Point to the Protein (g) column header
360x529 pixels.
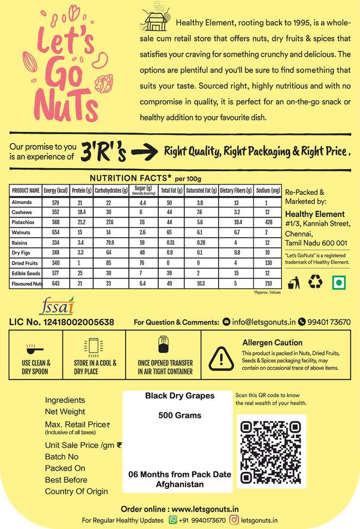(x=79, y=190)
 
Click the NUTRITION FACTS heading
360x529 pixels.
(x=131, y=178)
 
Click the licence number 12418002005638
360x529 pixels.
(x=61, y=322)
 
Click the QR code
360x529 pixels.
(x=271, y=450)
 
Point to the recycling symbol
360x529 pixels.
(x=315, y=281)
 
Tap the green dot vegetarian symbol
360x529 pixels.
(x=339, y=281)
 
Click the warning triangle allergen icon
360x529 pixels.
(x=220, y=357)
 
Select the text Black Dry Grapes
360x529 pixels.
(x=180, y=396)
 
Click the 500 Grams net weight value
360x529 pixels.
(x=180, y=415)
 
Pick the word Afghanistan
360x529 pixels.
(x=180, y=484)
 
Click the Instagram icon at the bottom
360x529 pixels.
(x=234, y=520)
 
